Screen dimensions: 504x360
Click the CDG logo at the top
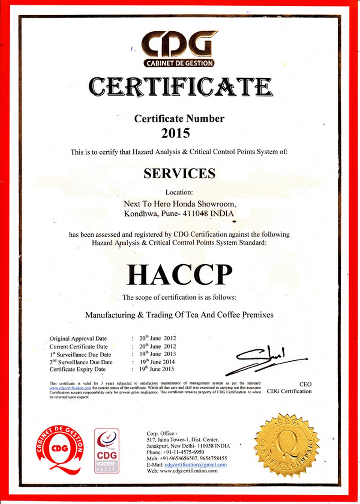(179, 49)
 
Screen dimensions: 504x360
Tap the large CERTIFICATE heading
(180, 87)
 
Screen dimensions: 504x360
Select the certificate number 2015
(175, 134)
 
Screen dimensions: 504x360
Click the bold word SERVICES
(179, 174)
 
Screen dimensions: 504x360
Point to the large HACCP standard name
(179, 275)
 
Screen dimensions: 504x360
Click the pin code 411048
(195, 213)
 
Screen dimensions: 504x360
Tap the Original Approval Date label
(78, 338)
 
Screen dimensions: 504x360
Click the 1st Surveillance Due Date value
(158, 354)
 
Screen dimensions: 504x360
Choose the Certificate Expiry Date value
(157, 369)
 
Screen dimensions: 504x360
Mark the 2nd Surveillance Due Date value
(157, 362)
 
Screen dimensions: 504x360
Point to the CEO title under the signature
(305, 384)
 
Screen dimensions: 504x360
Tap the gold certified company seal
(287, 446)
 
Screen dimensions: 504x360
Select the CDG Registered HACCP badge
(107, 451)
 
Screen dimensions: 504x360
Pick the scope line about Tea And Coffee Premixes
(179, 315)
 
